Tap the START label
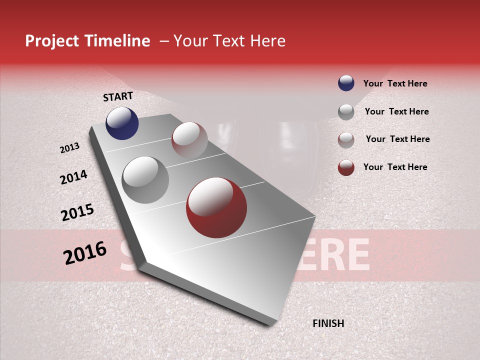point(118,96)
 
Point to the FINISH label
point(328,323)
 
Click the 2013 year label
point(70,148)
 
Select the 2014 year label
point(73,177)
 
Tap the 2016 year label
point(85,253)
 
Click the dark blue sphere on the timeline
point(122,123)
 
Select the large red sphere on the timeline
point(216,207)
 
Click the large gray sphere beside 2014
point(145,180)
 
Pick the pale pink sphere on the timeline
point(189,139)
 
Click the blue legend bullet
point(346,83)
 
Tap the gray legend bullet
point(346,112)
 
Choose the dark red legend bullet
point(346,167)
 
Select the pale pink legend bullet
point(346,140)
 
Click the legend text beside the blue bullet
point(395,83)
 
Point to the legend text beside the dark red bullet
point(395,167)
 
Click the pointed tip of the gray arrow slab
point(142,263)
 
